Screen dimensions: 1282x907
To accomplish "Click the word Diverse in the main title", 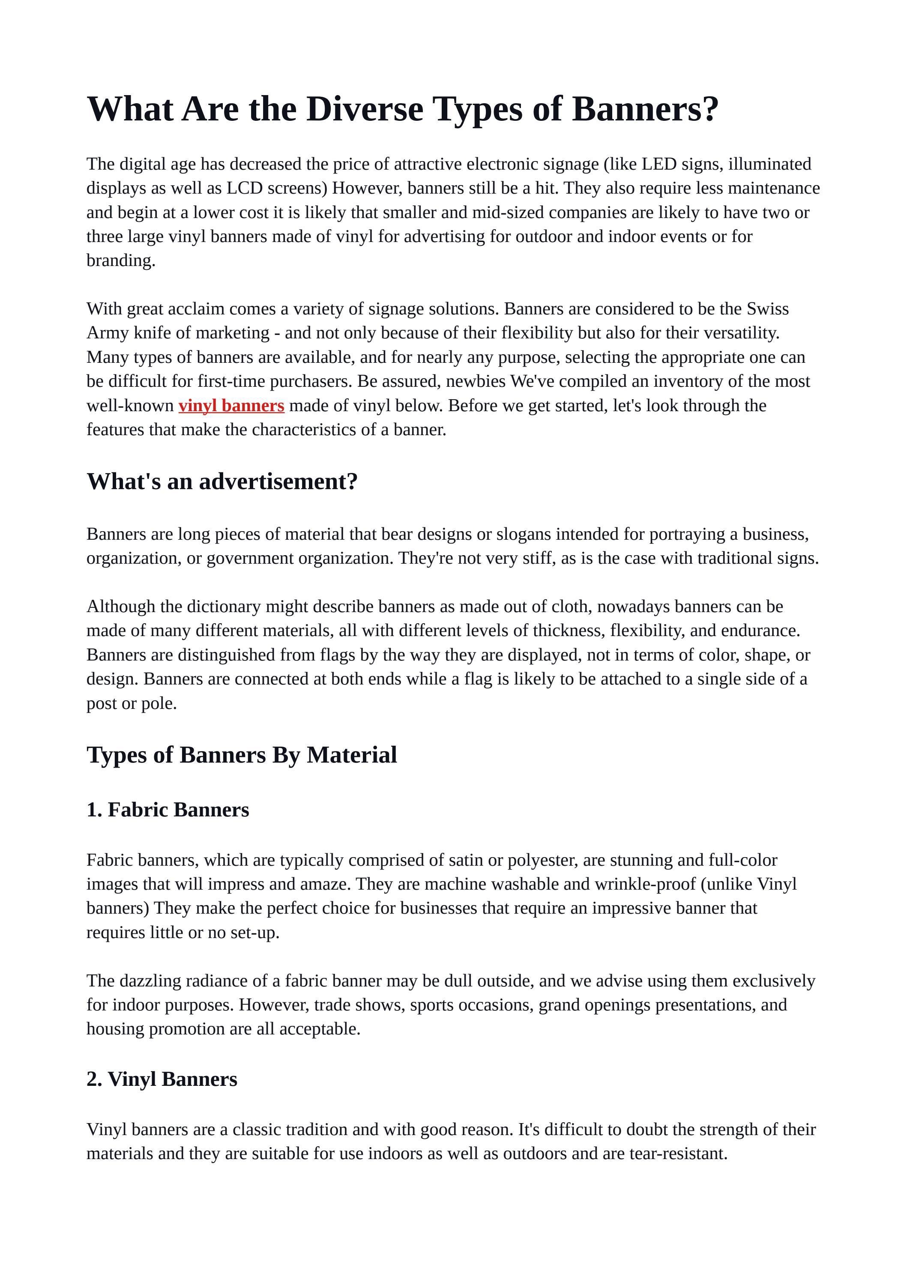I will [364, 108].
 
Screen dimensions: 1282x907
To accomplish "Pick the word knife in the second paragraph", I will [153, 333].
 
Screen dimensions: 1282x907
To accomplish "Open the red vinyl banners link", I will [231, 405].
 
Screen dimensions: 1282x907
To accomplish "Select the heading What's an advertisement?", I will [222, 481].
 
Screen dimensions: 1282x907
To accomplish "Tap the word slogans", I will [523, 535].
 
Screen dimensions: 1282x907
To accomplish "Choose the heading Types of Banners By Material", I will [241, 755].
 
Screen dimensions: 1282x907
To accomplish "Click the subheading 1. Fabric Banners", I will [168, 810].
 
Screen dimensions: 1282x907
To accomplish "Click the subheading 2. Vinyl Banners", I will [162, 1079].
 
